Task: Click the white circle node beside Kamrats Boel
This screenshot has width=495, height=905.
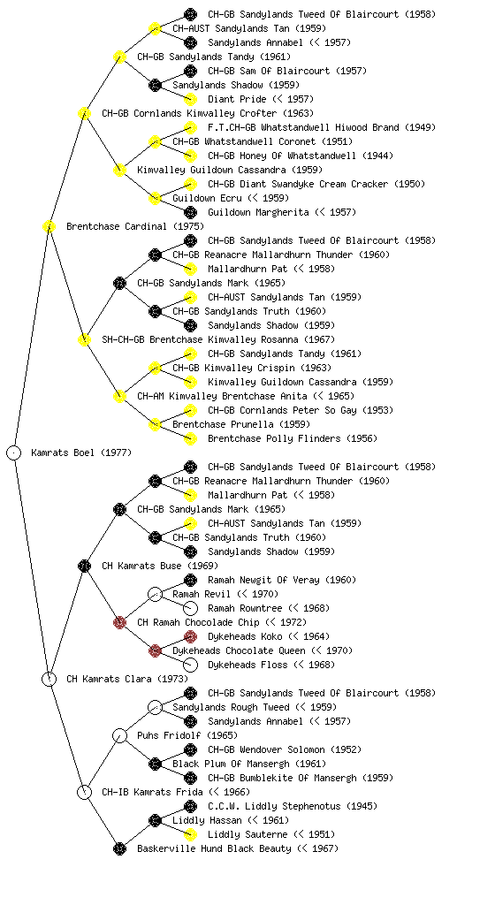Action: point(14,452)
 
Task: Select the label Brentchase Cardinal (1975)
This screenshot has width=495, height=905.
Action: point(135,226)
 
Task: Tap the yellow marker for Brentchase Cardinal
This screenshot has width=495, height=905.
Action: point(49,226)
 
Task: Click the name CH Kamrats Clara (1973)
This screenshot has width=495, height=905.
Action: point(127,679)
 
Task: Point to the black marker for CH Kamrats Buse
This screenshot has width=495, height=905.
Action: point(84,566)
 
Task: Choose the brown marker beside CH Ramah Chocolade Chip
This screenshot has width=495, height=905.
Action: point(119,622)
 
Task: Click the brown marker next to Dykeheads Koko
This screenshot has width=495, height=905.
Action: point(190,636)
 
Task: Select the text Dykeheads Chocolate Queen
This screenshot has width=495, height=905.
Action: point(239,650)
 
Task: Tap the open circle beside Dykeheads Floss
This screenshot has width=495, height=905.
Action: point(190,665)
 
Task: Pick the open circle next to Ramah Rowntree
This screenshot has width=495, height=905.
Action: point(190,608)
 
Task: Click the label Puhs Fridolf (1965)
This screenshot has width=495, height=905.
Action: point(187,735)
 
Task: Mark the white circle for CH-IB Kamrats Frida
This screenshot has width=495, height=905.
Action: point(84,792)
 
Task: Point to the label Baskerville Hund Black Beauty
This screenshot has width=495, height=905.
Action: point(214,848)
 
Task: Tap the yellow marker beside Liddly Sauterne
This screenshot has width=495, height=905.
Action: point(190,834)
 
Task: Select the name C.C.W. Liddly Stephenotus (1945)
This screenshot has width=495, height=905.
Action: point(293,806)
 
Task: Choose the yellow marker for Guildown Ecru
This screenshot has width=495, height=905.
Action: point(155,198)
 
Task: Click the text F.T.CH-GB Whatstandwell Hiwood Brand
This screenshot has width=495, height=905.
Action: point(303,127)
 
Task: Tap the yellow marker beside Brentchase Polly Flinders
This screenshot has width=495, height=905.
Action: point(190,438)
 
